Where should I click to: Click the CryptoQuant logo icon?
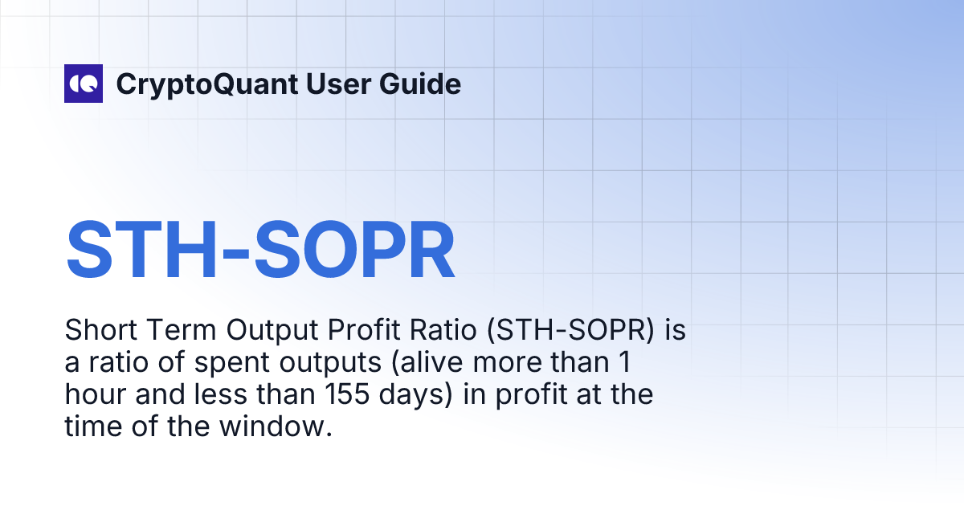point(84,84)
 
